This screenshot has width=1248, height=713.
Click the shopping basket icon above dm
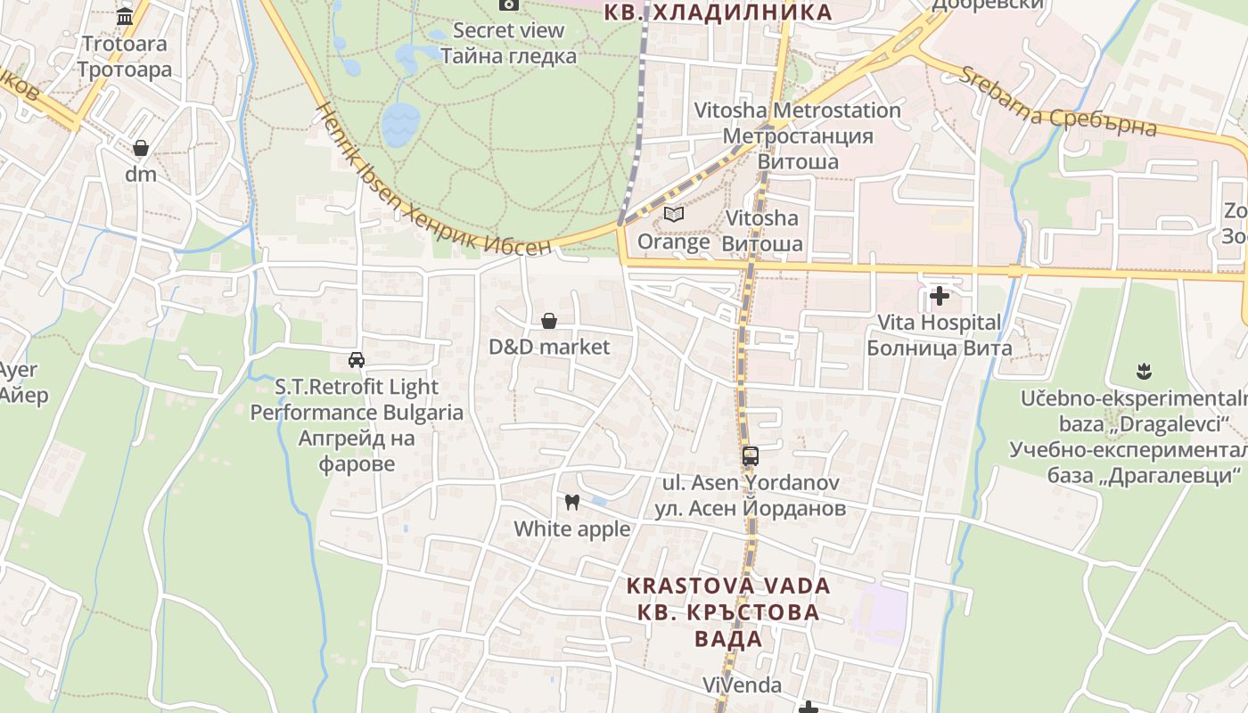click(141, 148)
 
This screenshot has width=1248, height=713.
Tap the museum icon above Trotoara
click(125, 16)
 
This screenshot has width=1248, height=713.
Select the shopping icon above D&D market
click(549, 321)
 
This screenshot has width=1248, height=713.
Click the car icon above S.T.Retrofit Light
click(357, 360)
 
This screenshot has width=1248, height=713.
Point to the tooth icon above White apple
click(572, 503)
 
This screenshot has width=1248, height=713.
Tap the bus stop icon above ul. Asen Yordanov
click(751, 456)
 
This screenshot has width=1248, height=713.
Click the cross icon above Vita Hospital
click(940, 296)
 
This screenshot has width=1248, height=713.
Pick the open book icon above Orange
click(674, 215)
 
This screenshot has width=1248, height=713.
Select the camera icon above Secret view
click(509, 4)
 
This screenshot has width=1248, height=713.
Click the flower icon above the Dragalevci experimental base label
click(1144, 371)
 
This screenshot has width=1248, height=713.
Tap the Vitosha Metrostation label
click(798, 111)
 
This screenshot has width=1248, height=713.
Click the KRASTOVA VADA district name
click(728, 586)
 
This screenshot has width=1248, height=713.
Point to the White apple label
click(572, 529)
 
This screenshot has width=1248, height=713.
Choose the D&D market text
click(549, 347)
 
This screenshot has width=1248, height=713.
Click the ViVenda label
click(742, 684)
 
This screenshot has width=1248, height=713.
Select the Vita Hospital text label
click(940, 323)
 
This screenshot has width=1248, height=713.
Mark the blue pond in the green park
click(401, 123)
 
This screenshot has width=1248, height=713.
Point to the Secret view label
click(509, 30)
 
